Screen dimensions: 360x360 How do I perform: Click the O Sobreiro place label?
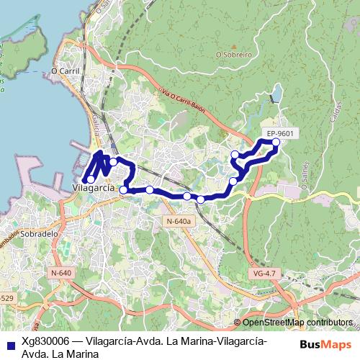coord(233,53)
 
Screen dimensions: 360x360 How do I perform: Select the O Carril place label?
coord(64,71)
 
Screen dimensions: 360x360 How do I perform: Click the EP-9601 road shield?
coord(279,133)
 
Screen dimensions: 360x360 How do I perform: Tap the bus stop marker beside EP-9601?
coord(276,142)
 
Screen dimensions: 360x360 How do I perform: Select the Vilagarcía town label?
coord(94,187)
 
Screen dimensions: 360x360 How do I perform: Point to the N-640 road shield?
coord(62,273)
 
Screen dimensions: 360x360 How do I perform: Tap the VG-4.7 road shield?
coord(265,274)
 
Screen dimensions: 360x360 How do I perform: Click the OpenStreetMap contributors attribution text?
coord(297,323)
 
